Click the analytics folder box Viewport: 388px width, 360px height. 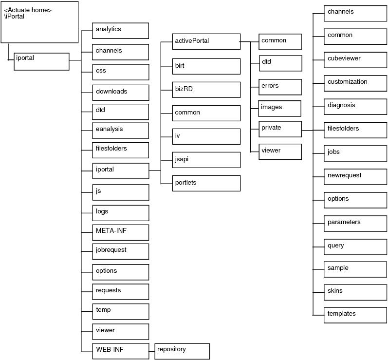coord(121,31)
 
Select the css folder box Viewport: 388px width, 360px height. coord(121,72)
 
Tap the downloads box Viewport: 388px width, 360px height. coord(121,93)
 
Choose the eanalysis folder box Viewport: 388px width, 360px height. coord(121,131)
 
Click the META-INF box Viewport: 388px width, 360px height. coord(121,232)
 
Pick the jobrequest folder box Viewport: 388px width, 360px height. coord(121,251)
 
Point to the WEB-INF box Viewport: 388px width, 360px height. coord(121,351)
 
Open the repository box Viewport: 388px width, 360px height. coord(182,351)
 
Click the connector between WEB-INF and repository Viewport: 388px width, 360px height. coord(152,352)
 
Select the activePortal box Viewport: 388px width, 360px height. coord(206,41)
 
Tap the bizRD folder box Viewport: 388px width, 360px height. coord(206,90)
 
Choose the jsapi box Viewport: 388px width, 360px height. coord(206,160)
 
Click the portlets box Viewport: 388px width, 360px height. coord(206,183)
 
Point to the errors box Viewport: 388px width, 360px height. coord(280,87)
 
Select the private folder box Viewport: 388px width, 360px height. coord(280,129)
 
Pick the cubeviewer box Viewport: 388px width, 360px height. coord(355,60)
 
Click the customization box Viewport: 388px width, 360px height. coord(355,83)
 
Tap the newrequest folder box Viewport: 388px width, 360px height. coord(355,177)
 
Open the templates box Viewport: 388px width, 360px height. coord(355,315)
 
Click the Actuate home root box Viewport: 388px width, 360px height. coord(39,22)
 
